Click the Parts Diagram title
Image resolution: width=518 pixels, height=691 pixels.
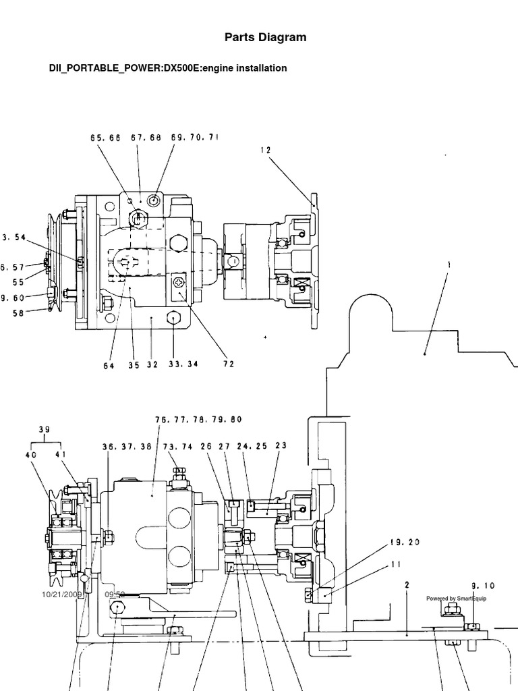(265, 38)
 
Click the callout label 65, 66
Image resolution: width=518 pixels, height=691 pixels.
(105, 138)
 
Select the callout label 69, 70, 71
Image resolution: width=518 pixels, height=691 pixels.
(195, 138)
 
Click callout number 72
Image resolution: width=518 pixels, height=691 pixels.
(228, 364)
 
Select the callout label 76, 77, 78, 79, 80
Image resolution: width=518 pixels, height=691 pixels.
(190, 419)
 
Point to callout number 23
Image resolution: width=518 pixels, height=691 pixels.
(281, 445)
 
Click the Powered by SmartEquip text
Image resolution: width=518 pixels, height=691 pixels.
(456, 599)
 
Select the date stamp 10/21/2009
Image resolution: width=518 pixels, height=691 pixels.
(61, 595)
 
